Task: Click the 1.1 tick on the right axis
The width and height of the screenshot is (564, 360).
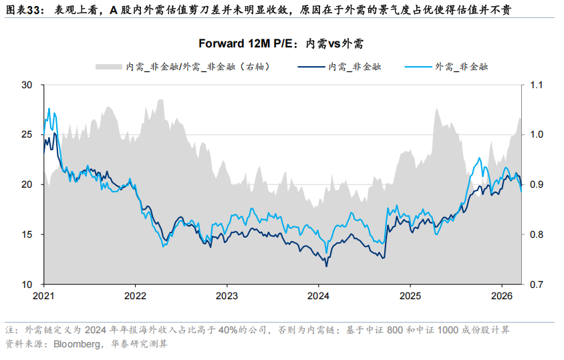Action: point(538,85)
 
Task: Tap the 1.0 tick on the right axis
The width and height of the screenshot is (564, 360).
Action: point(538,135)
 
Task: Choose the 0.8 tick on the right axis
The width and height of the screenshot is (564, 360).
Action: point(538,234)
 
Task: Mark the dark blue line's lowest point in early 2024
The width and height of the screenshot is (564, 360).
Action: point(326,266)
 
